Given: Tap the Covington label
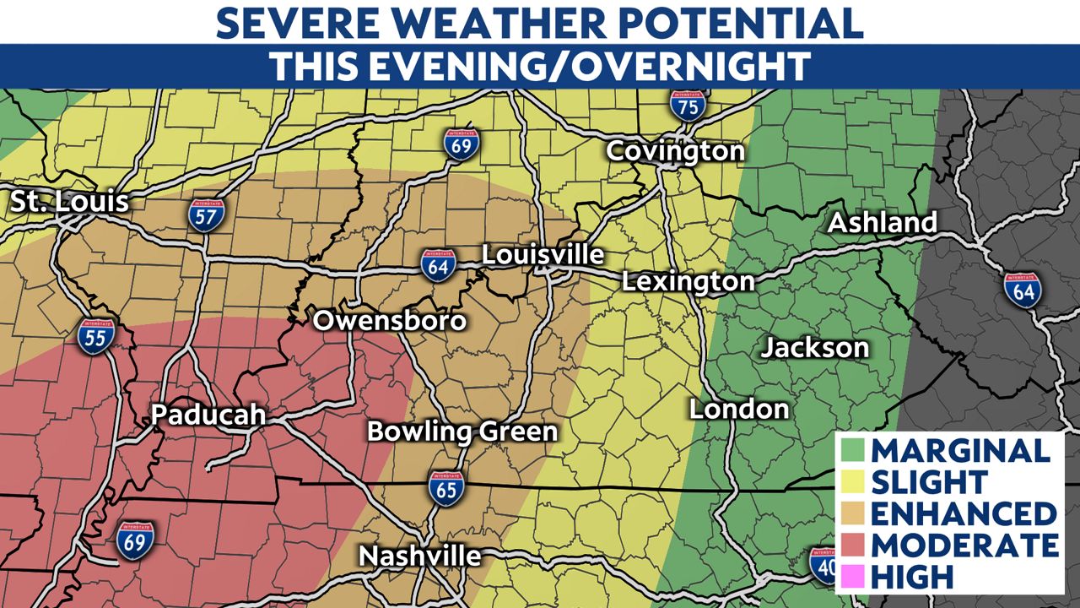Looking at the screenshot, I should point(676,151).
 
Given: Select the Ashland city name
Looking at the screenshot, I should point(882,223).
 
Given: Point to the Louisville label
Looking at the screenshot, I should point(543,254).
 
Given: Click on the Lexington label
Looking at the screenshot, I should point(688,281).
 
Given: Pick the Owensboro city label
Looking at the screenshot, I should point(390,321).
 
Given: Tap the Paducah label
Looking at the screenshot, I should point(208,415).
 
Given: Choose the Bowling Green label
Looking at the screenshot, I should point(462,432).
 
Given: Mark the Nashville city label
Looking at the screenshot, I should point(420,556).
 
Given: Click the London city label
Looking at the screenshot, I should point(739,410).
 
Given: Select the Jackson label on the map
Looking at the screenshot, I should point(815,347).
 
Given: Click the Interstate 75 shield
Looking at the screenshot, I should point(687,106).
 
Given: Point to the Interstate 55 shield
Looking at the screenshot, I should point(95,335).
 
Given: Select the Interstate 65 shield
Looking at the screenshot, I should point(446,488).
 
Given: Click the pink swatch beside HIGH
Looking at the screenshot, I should point(851,577).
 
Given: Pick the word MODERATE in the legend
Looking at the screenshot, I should point(964,545).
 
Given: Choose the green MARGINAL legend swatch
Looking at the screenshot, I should point(851,449).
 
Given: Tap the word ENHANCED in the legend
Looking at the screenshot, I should point(964,513).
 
